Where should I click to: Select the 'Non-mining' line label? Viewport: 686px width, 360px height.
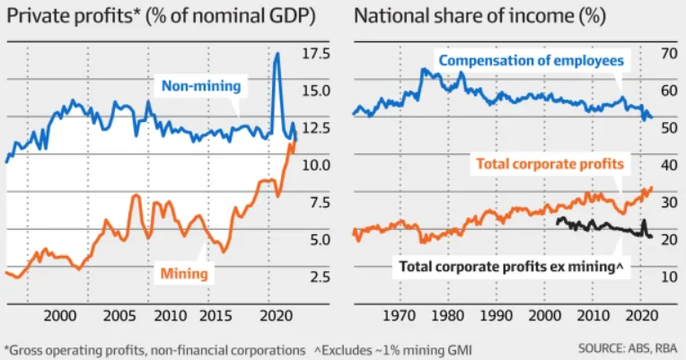(x=201, y=86)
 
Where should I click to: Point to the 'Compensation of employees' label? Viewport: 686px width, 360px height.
(x=532, y=60)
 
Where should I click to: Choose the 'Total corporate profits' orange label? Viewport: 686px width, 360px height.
(x=550, y=164)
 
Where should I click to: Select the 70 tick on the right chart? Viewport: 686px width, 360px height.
(x=667, y=54)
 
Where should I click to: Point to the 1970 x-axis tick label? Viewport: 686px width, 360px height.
(x=401, y=316)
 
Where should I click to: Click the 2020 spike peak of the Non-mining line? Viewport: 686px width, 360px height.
(x=277, y=55)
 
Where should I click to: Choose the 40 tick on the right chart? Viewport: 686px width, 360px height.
(x=667, y=165)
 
